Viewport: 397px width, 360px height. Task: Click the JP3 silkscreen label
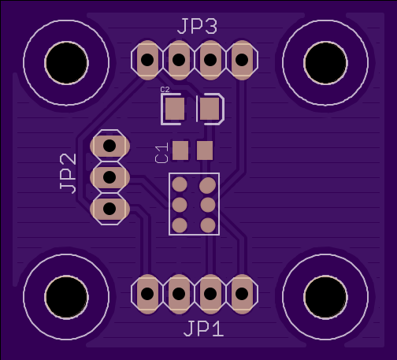coord(198,27)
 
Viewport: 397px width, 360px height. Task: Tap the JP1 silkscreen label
coord(203,328)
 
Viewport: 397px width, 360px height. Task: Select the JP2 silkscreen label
coord(68,173)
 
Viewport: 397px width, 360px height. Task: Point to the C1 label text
coord(161,153)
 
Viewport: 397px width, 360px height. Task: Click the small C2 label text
coord(165,90)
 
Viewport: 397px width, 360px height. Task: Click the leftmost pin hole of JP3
coord(147,60)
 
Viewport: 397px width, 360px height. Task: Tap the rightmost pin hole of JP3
coord(242,60)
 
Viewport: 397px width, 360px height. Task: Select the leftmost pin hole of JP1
coord(147,294)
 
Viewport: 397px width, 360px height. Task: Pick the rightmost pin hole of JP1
coord(242,294)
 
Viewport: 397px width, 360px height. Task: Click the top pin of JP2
coord(109,146)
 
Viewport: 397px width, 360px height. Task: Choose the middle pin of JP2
coord(109,177)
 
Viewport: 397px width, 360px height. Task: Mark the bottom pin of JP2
coord(109,209)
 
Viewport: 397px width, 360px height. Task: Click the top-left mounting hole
coord(66,63)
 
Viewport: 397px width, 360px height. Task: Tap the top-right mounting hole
coord(325,63)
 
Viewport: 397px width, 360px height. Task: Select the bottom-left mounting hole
coord(66,297)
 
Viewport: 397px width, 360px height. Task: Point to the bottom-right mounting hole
coord(325,297)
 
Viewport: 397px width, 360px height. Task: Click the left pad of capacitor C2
coord(175,109)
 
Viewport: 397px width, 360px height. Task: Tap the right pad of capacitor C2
coord(210,109)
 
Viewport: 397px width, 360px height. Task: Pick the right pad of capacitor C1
coord(205,150)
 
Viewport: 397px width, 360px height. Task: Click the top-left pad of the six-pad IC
coord(180,184)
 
